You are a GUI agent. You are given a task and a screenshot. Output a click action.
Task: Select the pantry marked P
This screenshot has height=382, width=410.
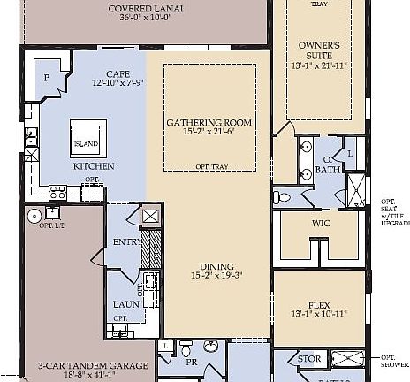click(x=46, y=77)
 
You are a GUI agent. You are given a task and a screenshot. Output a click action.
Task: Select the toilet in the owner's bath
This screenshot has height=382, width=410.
click(x=280, y=196)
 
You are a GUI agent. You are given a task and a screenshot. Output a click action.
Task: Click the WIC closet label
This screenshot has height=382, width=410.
click(x=320, y=223)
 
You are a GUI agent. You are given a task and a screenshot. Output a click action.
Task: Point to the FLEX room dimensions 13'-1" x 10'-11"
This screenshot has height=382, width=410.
click(x=319, y=313)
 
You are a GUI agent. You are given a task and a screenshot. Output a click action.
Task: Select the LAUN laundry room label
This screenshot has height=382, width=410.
click(x=121, y=305)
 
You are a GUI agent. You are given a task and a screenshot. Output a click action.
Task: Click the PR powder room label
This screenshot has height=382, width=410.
click(x=190, y=363)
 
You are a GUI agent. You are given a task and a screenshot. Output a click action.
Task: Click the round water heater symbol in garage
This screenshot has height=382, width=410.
click(x=34, y=214)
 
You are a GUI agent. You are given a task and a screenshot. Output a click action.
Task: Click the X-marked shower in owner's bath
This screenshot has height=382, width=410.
click(x=357, y=189)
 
